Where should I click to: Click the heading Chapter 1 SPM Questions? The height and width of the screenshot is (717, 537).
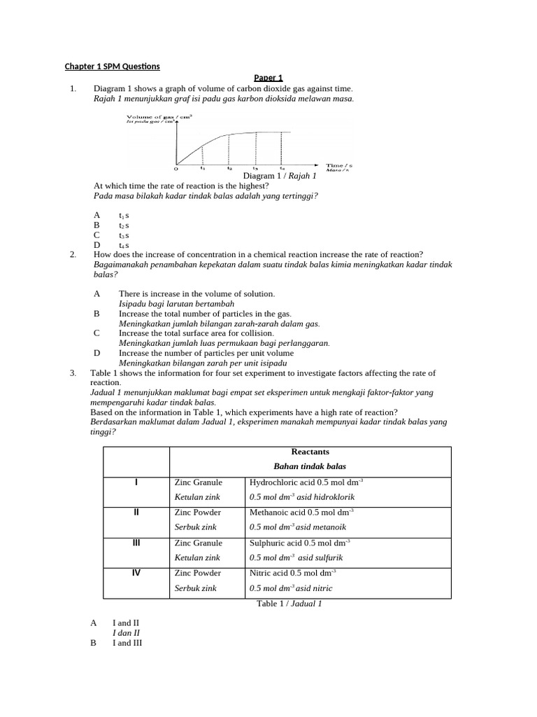click(113, 67)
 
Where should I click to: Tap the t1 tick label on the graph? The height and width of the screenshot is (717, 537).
click(203, 168)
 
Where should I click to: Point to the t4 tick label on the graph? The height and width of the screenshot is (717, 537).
click(282, 168)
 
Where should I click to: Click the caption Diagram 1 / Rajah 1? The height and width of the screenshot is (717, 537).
click(280, 176)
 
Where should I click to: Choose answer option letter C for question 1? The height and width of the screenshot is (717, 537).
click(96, 235)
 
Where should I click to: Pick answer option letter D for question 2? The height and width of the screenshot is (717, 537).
click(96, 354)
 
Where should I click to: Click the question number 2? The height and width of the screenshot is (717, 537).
click(73, 254)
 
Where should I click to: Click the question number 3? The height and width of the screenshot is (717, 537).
click(73, 373)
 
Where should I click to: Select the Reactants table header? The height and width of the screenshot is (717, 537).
click(309, 452)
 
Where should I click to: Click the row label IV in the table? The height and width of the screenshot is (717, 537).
click(136, 573)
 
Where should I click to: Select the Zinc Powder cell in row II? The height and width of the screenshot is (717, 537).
click(198, 513)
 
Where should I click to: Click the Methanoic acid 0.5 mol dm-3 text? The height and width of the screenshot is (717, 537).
click(301, 513)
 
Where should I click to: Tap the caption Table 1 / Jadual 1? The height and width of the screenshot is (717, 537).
click(289, 604)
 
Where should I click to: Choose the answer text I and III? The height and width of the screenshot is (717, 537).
click(127, 642)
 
